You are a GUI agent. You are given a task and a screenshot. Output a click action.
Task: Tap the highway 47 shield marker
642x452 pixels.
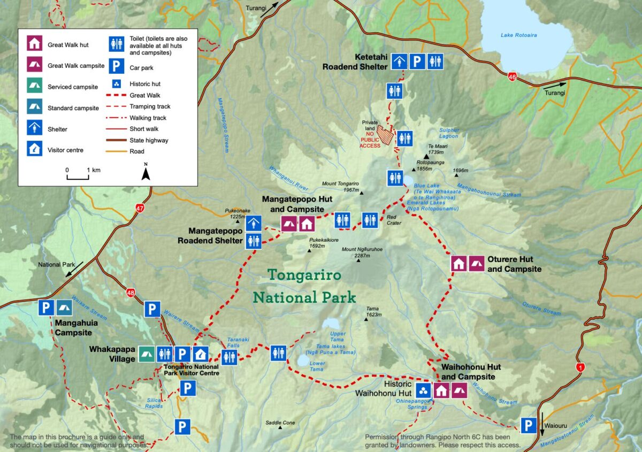click(x=140, y=208)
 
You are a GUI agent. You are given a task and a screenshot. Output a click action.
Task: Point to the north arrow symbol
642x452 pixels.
click(x=146, y=172)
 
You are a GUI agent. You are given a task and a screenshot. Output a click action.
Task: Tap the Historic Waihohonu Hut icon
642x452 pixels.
click(x=423, y=390)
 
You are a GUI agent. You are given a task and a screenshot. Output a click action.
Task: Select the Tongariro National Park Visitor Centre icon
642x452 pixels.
click(x=200, y=354)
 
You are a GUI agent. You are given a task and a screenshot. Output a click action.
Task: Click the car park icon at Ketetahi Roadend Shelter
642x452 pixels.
click(x=417, y=62)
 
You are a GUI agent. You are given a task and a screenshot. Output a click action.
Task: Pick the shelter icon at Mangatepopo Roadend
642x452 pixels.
click(x=254, y=223)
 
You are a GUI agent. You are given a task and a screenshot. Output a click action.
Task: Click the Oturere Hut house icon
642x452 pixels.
click(x=458, y=263)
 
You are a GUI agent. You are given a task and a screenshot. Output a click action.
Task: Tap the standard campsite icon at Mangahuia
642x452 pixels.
click(x=64, y=308)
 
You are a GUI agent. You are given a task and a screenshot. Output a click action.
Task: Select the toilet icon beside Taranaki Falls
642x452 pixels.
click(x=229, y=357)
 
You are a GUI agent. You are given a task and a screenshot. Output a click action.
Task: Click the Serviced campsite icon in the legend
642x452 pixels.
click(x=34, y=86)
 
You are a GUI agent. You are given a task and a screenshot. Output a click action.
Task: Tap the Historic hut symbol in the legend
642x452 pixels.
click(x=116, y=84)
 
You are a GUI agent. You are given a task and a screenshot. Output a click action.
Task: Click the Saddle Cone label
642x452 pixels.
click(x=280, y=423)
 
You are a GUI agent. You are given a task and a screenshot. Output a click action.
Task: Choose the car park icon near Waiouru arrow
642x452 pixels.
click(x=529, y=426)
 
